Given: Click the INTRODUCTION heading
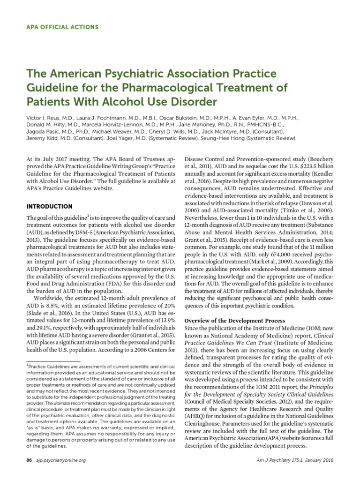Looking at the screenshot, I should coord(49,206).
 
